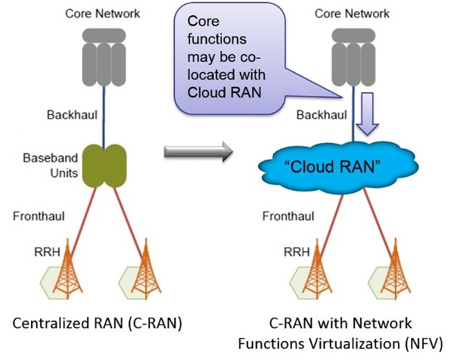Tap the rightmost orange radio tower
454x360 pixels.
(393, 268)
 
